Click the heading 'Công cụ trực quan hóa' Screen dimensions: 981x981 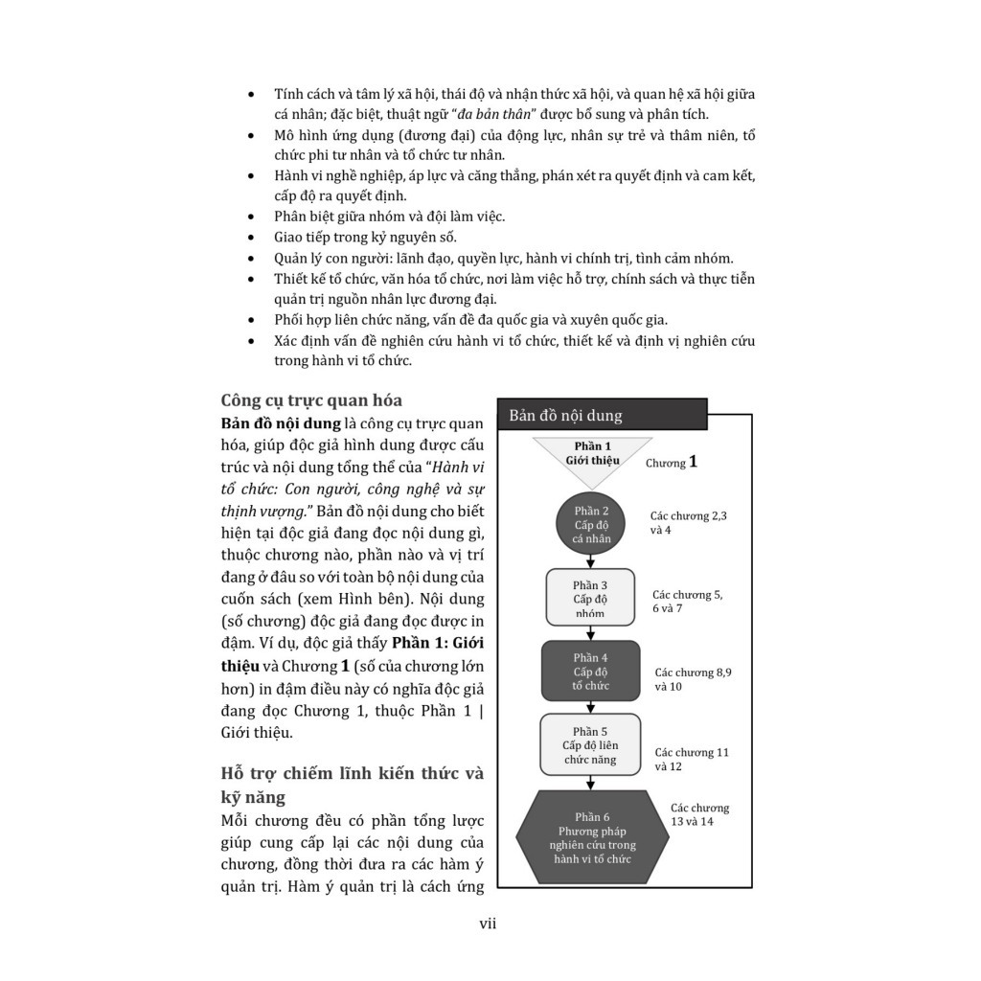tap(311, 400)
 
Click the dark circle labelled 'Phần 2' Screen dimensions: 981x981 tap(591, 524)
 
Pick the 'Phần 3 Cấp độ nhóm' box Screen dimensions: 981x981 tap(590, 598)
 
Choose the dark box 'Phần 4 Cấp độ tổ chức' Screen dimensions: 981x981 tap(590, 671)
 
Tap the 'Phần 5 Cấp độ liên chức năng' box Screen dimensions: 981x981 tap(590, 744)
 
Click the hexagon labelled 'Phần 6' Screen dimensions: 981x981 tap(592, 836)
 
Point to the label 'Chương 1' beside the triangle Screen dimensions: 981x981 tap(671, 462)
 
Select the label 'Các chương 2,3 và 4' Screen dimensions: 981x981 tap(688, 522)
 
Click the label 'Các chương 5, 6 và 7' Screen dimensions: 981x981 tap(687, 601)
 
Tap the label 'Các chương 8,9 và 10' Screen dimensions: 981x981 tap(693, 679)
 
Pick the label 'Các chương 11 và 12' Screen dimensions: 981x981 tap(691, 759)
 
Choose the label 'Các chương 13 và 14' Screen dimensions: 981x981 tap(699, 814)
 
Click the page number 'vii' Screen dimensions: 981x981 tap(488, 924)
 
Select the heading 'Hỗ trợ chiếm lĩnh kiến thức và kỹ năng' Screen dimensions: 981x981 tap(352, 784)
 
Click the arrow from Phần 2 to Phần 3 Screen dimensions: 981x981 tap(591, 562)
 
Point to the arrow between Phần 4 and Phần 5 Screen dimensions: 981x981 tap(591, 707)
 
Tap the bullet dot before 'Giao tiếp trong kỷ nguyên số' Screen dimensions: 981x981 tap(251, 238)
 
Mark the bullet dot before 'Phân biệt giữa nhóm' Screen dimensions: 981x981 tap(251, 217)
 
